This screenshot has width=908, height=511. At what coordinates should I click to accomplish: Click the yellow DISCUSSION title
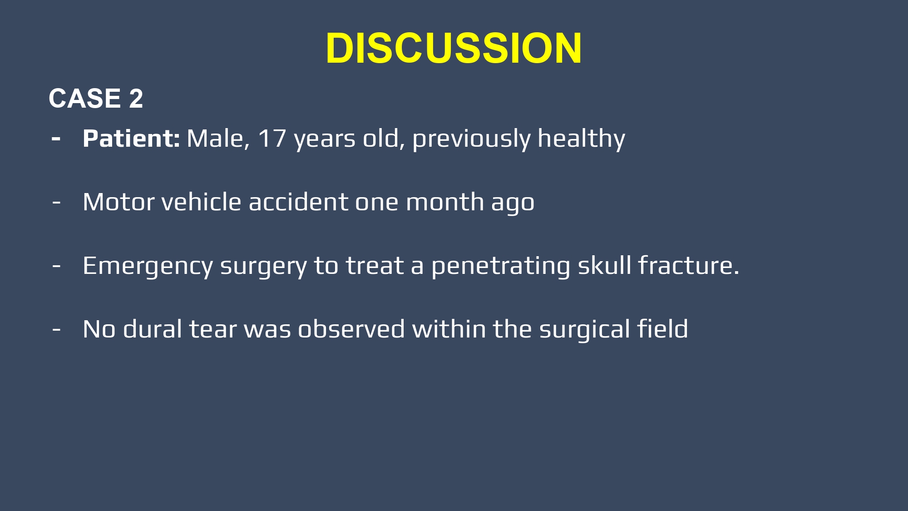point(454,48)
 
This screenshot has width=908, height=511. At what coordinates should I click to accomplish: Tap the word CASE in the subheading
point(85,98)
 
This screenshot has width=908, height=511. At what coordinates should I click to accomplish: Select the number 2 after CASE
point(136,98)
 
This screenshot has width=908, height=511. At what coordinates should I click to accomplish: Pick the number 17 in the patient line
point(272,139)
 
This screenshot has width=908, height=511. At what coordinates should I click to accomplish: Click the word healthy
point(581,139)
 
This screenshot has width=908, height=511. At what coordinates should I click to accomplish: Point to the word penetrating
point(501,267)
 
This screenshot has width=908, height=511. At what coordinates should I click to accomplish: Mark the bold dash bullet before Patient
point(56,139)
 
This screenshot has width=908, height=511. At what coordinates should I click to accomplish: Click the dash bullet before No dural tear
point(56,329)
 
